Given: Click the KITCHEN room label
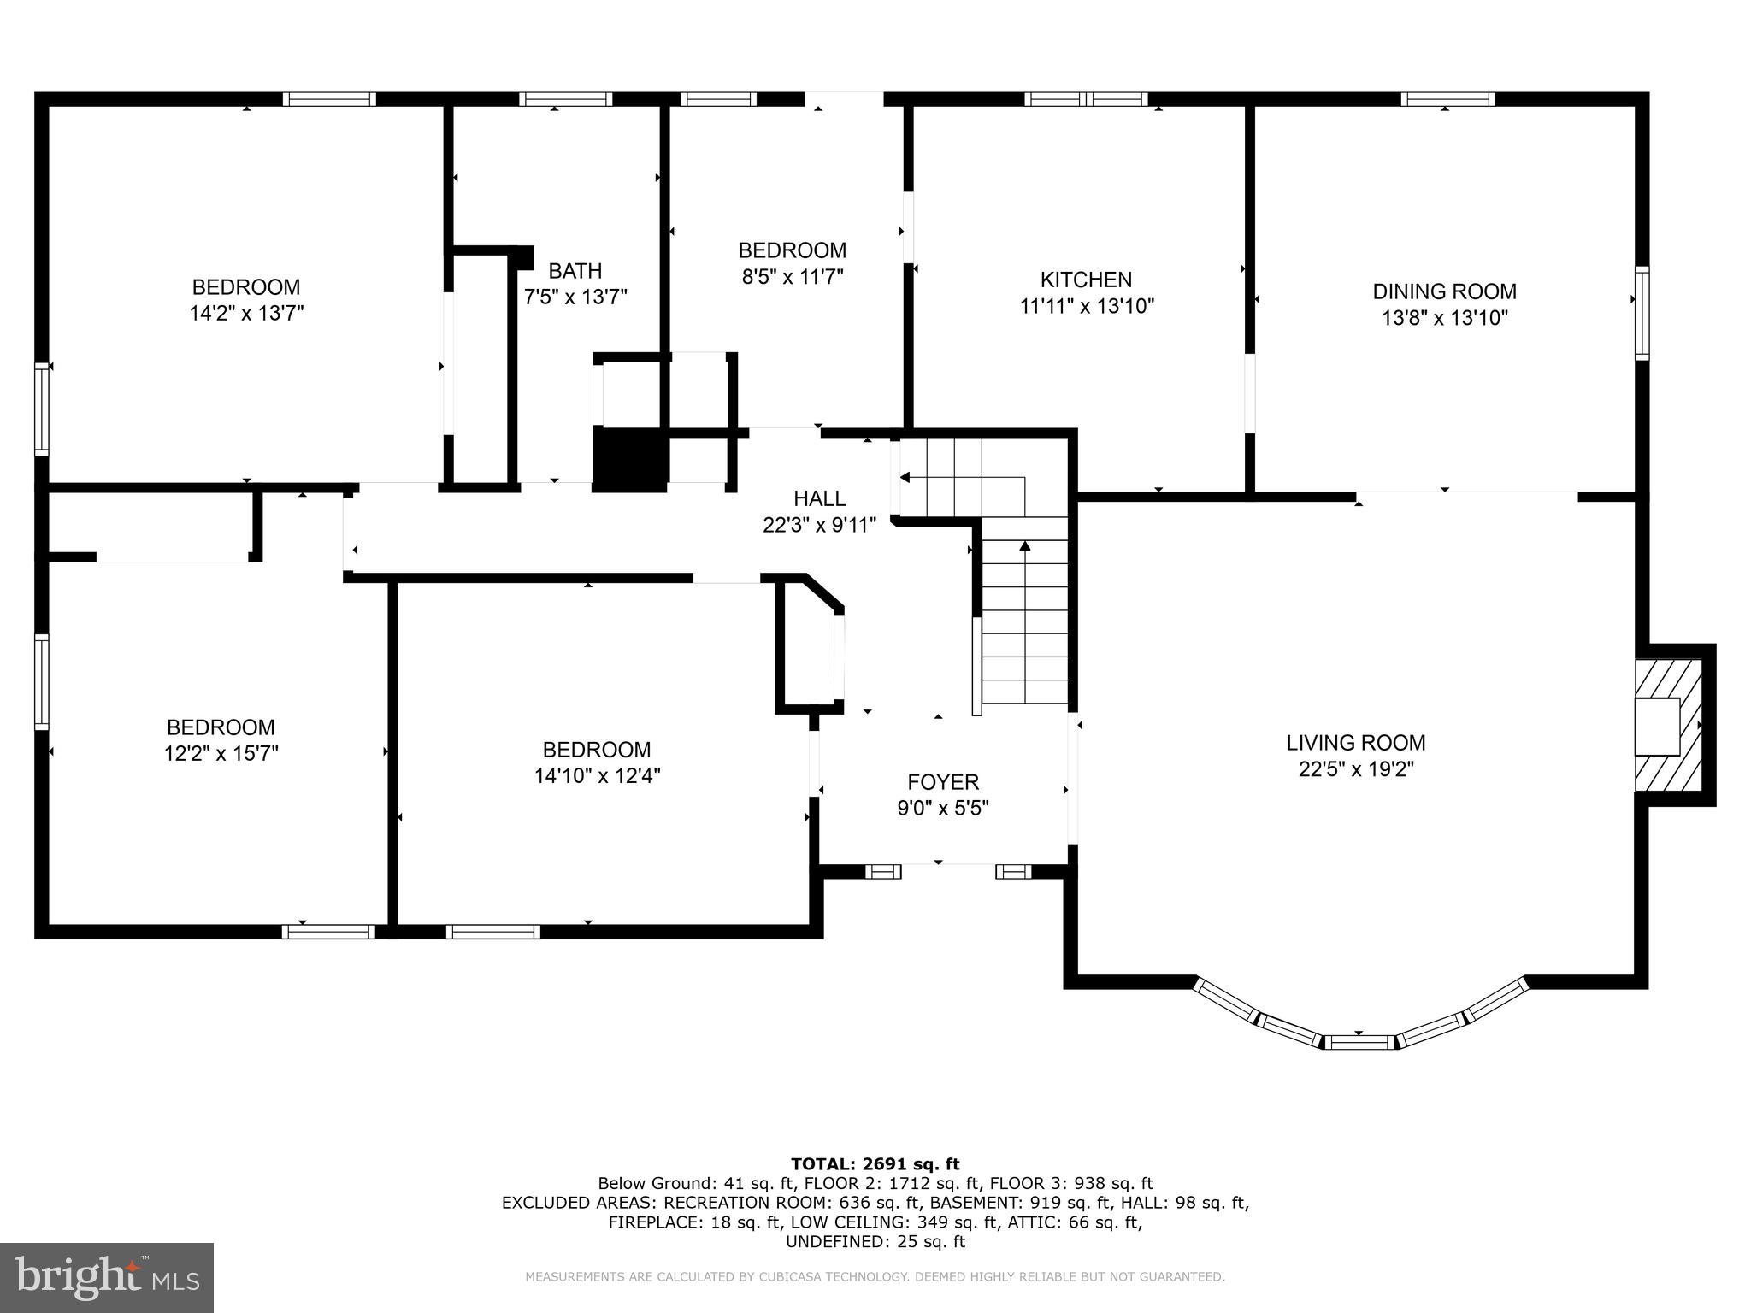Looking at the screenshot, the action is pyautogui.click(x=1086, y=280).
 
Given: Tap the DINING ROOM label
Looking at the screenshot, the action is pyautogui.click(x=1444, y=291).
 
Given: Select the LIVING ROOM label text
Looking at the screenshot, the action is pyautogui.click(x=1356, y=743).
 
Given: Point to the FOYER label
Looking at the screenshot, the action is pyautogui.click(x=943, y=782).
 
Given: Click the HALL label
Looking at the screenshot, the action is pyautogui.click(x=820, y=498).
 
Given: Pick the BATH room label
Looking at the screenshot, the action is pyautogui.click(x=575, y=271).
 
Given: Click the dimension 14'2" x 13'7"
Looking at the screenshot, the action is pyautogui.click(x=246, y=313).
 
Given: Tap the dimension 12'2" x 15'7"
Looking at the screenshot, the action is pyautogui.click(x=221, y=753).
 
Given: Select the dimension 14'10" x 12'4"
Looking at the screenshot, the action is pyautogui.click(x=597, y=775).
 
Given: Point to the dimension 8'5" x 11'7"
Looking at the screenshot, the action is pyautogui.click(x=792, y=276).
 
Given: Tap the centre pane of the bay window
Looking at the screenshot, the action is pyautogui.click(x=1359, y=1041).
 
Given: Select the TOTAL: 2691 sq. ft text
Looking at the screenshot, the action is pyautogui.click(x=875, y=1163).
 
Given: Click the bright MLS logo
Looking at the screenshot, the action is pyautogui.click(x=107, y=1277).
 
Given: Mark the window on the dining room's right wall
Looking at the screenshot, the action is pyautogui.click(x=1642, y=313).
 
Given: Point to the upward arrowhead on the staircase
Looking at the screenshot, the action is pyautogui.click(x=1025, y=545).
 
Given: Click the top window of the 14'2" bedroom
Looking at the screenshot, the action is pyautogui.click(x=329, y=99).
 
